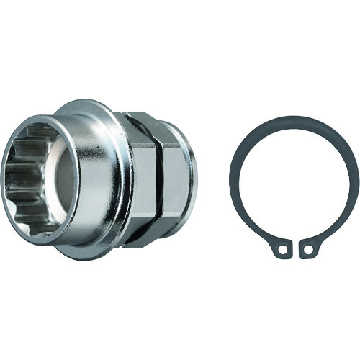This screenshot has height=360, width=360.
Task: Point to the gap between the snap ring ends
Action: click(x=296, y=243)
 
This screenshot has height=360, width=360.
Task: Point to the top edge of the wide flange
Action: click(x=94, y=102)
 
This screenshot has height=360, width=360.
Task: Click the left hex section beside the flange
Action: click(x=143, y=180)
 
